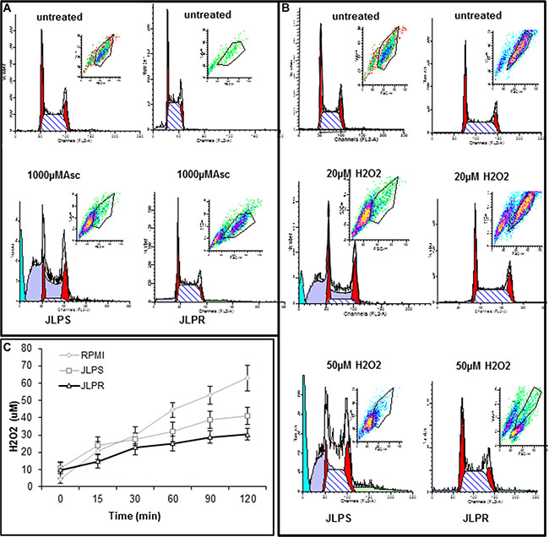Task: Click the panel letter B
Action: [286, 8]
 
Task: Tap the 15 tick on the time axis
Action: [97, 500]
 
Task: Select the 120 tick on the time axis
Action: [247, 500]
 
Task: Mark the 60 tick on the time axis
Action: [172, 500]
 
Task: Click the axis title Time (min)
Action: [152, 516]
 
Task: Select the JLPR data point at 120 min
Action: [247, 434]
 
